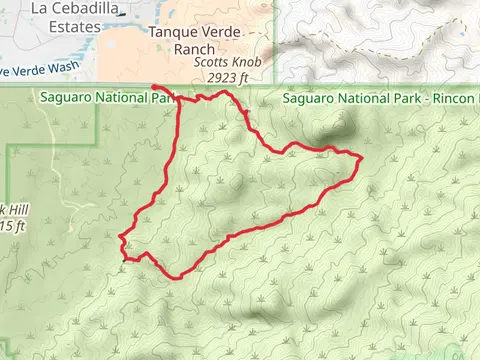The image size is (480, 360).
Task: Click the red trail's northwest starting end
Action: tap(153, 87)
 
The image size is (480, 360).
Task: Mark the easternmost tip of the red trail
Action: tap(359, 157)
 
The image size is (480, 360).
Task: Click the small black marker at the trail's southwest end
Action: tap(124, 259)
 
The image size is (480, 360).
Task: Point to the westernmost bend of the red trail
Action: tap(119, 238)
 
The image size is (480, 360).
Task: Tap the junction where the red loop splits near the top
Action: tap(180, 98)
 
